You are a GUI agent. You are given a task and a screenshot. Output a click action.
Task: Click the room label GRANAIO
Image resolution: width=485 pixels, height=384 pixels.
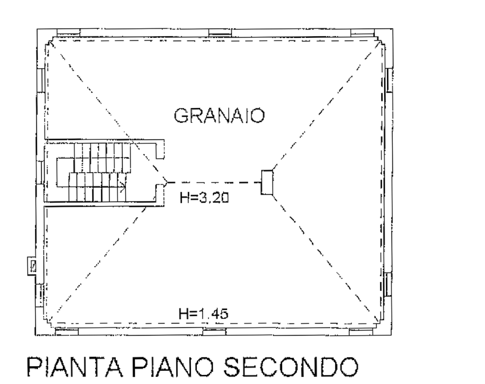pos(219,116)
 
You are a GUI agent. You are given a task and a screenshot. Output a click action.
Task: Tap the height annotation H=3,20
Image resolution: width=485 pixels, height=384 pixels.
pos(204,197)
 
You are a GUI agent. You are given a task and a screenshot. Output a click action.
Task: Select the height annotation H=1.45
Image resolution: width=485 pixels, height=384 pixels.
pos(203,314)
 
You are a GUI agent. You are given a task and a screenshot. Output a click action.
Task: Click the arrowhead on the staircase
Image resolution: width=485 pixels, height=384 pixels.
pos(124,186)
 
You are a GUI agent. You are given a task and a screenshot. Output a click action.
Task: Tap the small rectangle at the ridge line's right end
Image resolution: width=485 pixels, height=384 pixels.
pos(267,183)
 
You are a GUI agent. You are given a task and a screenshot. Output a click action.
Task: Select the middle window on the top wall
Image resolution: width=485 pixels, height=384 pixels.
pos(220,33)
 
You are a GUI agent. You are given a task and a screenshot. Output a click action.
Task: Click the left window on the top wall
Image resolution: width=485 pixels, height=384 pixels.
pos(69,33)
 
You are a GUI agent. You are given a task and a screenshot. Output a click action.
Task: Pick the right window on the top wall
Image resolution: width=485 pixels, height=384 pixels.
pos(362,33)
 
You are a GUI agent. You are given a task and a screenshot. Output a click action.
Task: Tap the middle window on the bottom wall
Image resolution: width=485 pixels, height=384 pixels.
pos(214,332)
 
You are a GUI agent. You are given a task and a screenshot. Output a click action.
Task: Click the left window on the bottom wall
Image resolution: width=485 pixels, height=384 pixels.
pos(66,332)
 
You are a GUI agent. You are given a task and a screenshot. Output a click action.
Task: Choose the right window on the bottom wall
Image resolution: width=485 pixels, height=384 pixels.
pos(361,332)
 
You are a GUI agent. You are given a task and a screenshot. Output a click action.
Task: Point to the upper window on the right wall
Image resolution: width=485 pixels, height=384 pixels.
pos(389,80)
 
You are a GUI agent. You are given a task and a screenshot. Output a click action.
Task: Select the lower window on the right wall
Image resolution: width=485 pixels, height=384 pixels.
pos(388,284)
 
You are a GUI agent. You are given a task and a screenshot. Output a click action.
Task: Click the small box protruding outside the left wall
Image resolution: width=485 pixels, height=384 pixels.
pos(32,265)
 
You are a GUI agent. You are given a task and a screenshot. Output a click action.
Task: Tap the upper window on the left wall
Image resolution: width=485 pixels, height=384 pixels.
pos(41,80)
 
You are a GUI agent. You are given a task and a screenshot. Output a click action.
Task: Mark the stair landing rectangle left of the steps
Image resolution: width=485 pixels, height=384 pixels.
pos(65,172)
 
